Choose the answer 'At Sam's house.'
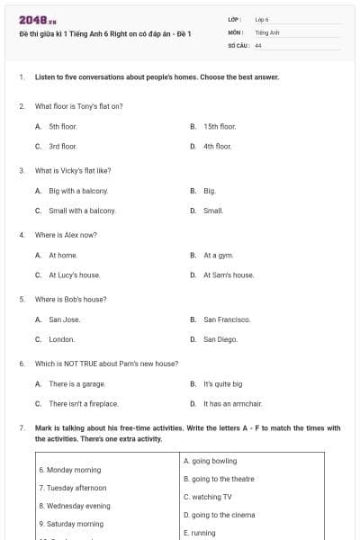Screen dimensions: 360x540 [x=229, y=274]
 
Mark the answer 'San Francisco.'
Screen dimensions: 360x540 [x=227, y=319]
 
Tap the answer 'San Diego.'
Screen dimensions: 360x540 [x=220, y=339]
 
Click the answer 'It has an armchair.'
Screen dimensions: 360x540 [x=232, y=403]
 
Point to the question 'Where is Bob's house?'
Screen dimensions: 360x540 [x=70, y=299]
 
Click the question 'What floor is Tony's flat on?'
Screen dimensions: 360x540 [x=78, y=106]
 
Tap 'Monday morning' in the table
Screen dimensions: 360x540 [x=69, y=470]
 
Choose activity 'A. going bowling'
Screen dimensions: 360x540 [x=210, y=461]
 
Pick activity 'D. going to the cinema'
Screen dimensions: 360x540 [x=219, y=515]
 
